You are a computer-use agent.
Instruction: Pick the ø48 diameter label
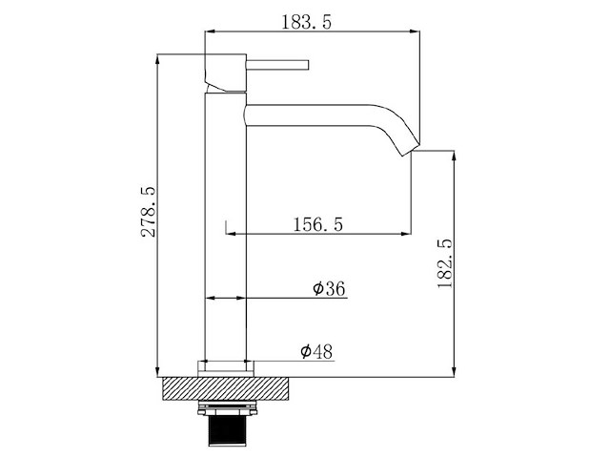315,352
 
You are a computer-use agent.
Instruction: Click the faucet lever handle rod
279,66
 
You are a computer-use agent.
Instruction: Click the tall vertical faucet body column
227,229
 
